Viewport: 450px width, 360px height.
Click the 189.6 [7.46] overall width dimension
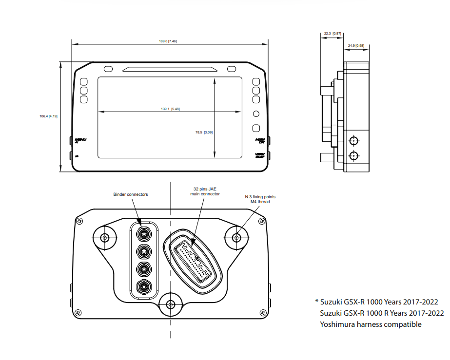click(168, 41)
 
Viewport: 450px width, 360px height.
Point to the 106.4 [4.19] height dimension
click(49, 116)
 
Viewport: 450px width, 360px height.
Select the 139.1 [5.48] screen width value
click(174, 109)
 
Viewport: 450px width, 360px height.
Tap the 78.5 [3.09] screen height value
click(204, 132)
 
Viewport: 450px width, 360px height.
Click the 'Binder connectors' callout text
click(131, 194)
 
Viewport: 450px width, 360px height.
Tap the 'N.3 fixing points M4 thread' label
click(260, 199)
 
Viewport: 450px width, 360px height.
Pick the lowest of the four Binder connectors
click(143, 286)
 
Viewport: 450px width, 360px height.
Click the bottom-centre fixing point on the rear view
click(170, 305)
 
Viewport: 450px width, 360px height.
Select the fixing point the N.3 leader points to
click(236, 238)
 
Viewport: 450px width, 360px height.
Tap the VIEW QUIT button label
click(260, 156)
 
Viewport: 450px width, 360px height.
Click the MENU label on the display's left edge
click(80, 140)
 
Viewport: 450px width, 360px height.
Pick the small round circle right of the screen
click(256, 114)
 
